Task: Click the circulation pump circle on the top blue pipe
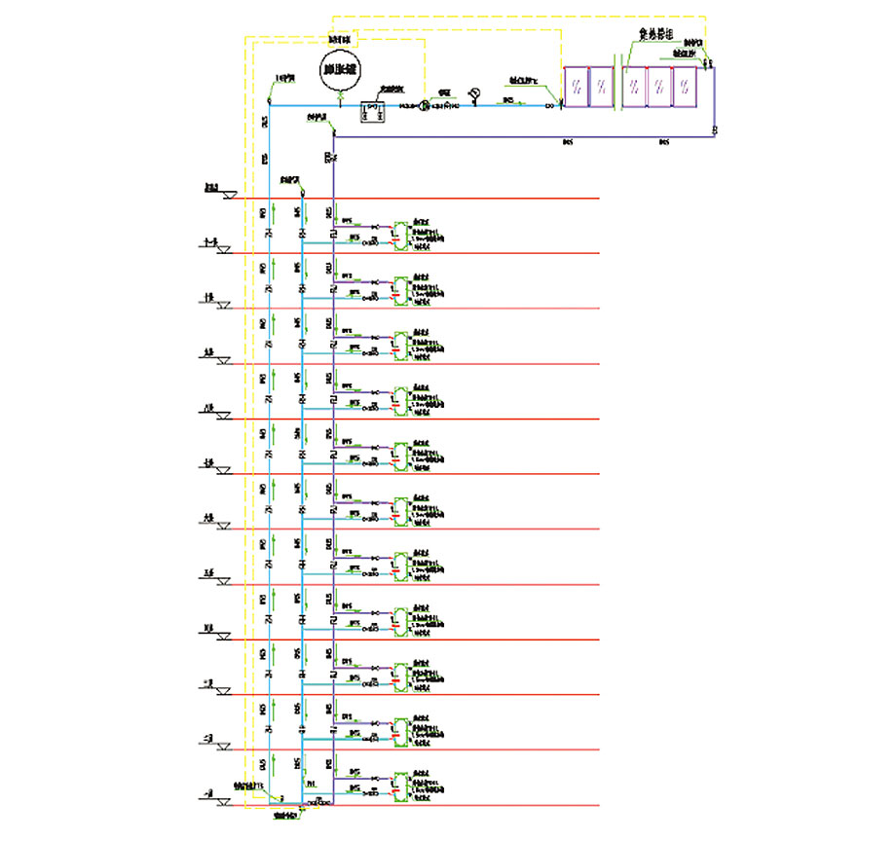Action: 424,105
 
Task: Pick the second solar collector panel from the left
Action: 602,87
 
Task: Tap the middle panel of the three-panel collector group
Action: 660,87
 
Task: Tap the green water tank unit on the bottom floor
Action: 401,784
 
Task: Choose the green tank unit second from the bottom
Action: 401,729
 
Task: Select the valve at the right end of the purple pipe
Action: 714,129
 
